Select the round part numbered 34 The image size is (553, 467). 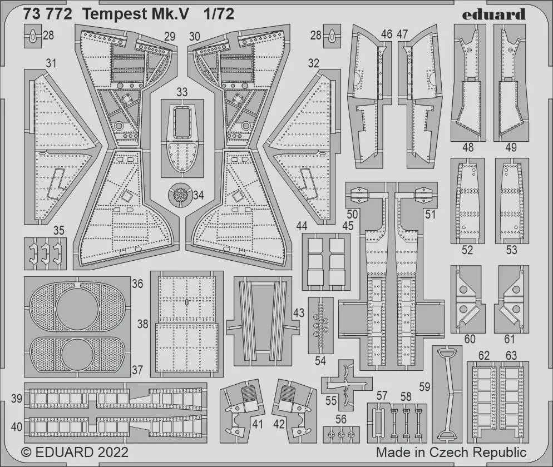181,195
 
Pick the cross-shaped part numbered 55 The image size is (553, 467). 347,384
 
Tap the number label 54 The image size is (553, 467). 320,360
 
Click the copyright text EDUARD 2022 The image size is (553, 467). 75,451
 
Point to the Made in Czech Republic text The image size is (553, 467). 451,451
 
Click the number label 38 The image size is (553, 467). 143,324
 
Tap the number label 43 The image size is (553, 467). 299,313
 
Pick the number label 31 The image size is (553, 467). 51,64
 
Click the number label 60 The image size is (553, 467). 470,339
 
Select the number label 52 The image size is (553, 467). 467,250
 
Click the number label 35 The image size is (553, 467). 43,230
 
